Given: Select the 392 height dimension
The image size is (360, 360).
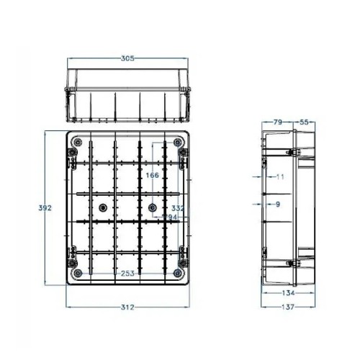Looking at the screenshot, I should [x=45, y=208].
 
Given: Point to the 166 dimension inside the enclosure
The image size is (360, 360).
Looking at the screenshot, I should [x=151, y=175].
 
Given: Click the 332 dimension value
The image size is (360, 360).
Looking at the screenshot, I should [x=178, y=208].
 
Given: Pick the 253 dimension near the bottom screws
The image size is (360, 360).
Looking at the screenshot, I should [x=127, y=273].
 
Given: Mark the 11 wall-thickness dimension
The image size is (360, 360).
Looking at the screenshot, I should [x=281, y=176].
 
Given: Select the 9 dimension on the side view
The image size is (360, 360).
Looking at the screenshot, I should [x=278, y=204].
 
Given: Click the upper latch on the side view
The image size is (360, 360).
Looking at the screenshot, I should [x=295, y=153].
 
